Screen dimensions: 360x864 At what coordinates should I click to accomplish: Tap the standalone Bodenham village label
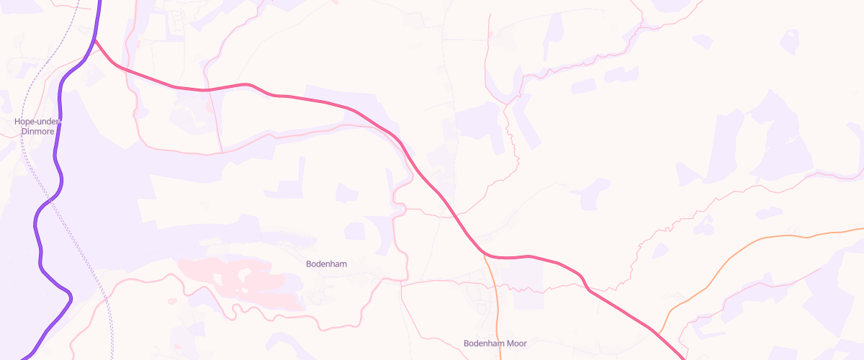(x=326, y=264)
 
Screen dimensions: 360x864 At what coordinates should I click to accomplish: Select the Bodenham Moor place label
(x=496, y=343)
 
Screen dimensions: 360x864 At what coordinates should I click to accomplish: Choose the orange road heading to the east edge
(x=756, y=240)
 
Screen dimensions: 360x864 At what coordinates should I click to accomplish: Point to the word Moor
(x=516, y=343)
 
